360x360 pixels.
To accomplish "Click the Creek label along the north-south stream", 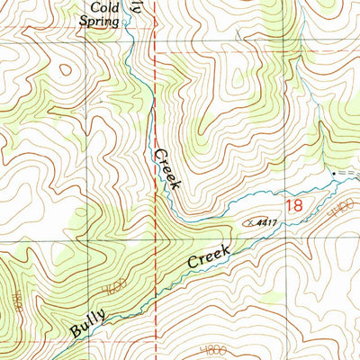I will pyautogui.click(x=168, y=168).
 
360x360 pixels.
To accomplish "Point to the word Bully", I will pyautogui.click(x=91, y=321).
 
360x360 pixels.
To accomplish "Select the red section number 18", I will pyautogui.click(x=293, y=206).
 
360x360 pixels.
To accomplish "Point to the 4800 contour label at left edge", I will pyautogui.click(x=13, y=306).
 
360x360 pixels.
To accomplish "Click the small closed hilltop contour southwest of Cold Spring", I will pyautogui.click(x=65, y=69).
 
